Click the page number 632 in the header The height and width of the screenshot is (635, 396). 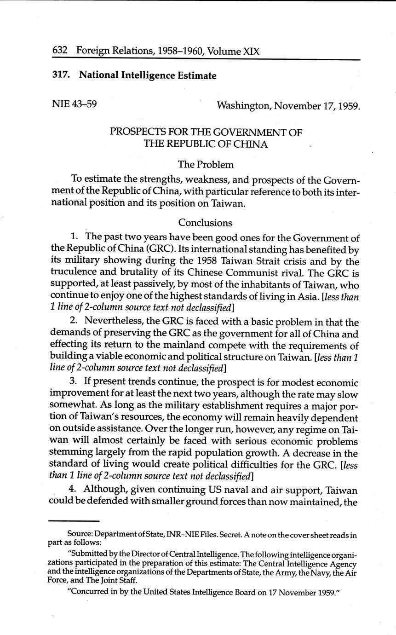(x=60, y=51)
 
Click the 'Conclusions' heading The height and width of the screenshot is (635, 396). (x=205, y=223)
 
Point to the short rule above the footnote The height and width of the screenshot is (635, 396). (x=74, y=521)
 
